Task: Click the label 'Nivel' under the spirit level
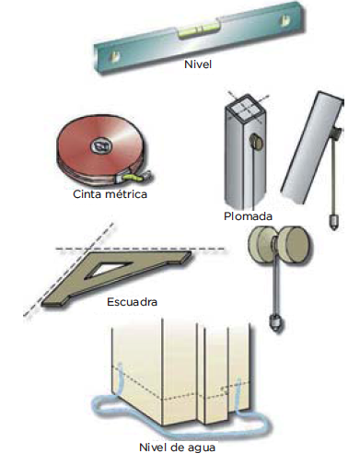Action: pos(198,64)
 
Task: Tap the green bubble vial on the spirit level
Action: pos(200,29)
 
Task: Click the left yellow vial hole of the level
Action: pos(116,55)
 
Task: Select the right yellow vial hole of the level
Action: pos(285,21)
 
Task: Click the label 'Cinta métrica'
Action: pos(110,194)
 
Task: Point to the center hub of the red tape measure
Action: pos(100,145)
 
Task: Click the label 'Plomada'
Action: pos(248,216)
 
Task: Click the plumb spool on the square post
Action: pos(255,143)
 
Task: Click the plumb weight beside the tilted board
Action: pos(333,221)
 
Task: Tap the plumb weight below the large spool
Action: pos(276,323)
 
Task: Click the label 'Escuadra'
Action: pos(132,302)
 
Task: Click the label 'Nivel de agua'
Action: pos(177,448)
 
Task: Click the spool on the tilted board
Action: pos(336,134)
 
